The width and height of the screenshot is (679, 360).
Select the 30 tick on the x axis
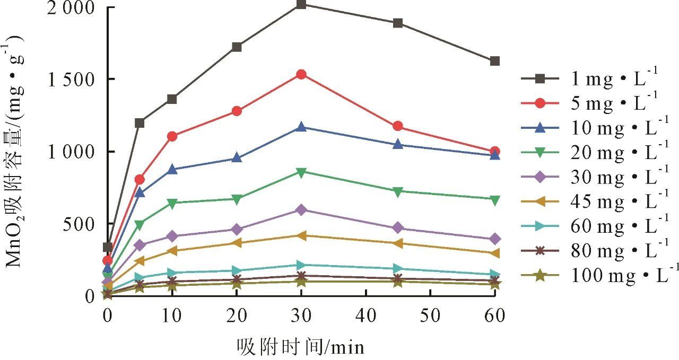tap(301, 316)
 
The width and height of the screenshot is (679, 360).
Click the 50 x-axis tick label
tap(430, 316)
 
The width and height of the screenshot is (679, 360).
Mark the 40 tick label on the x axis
tap(365, 316)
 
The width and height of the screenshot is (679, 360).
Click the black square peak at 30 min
tap(301, 5)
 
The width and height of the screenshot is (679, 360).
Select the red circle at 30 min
tap(301, 74)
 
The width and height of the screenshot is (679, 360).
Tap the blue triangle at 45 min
tap(398, 144)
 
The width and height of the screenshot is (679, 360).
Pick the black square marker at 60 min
tap(495, 62)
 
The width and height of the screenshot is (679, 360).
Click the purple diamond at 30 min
tap(301, 210)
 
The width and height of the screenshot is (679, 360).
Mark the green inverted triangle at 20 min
tap(237, 199)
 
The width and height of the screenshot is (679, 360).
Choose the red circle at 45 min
tap(398, 126)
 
